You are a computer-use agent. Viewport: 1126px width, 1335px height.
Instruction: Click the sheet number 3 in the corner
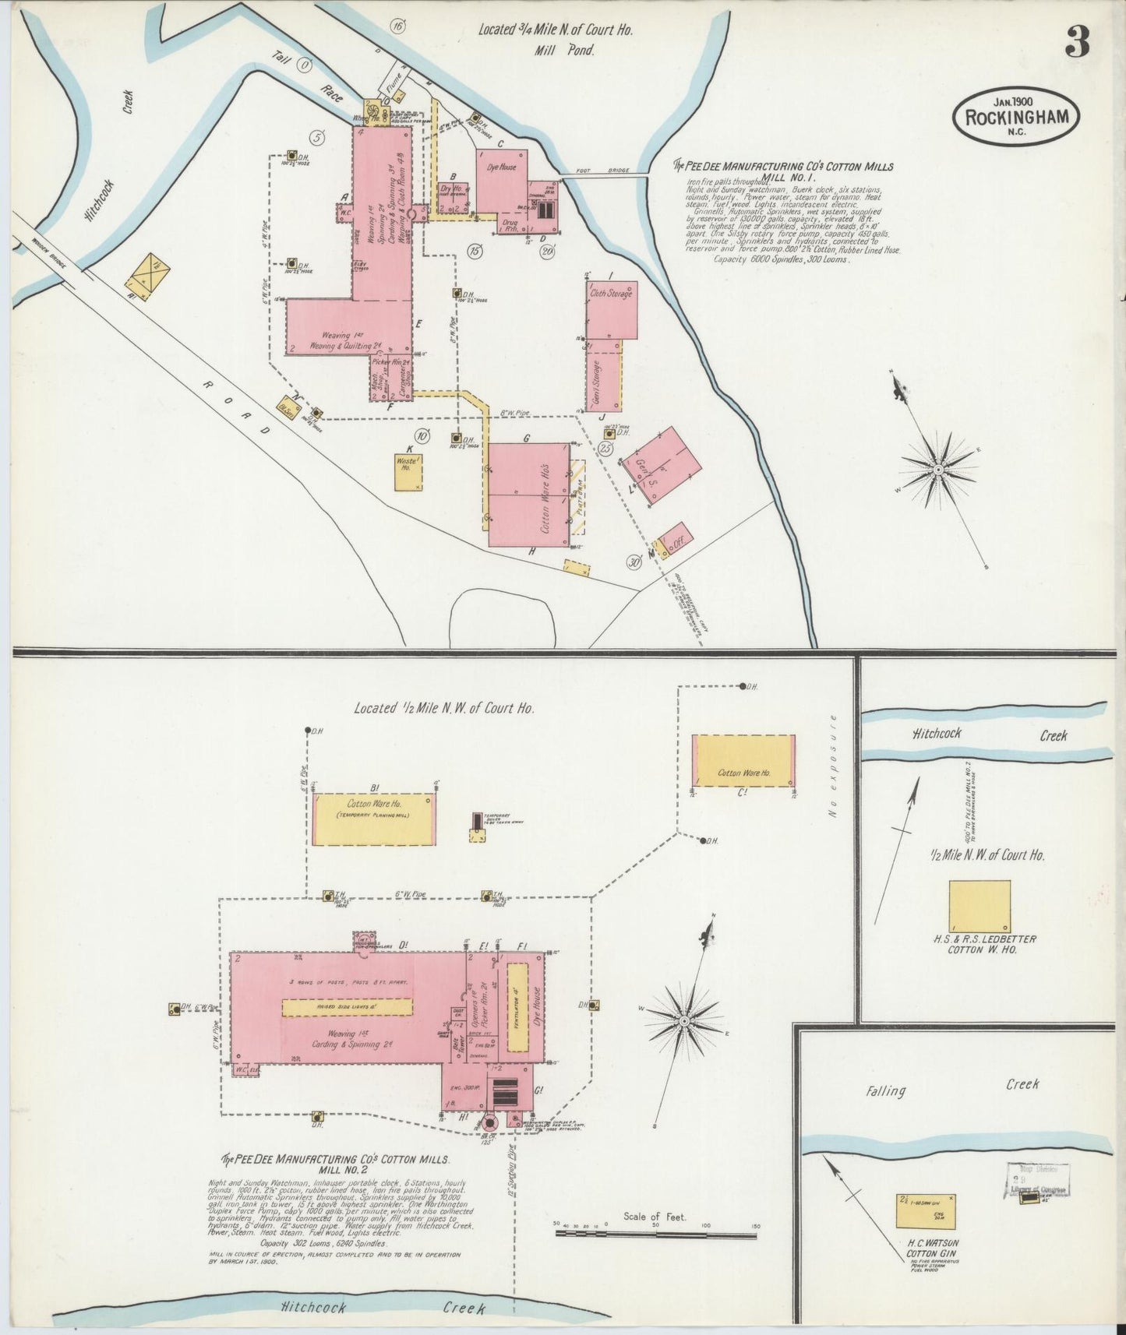(1077, 42)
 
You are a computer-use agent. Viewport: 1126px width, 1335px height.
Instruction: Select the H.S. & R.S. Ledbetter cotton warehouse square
(980, 906)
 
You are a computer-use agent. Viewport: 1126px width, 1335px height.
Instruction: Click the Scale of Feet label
(655, 1216)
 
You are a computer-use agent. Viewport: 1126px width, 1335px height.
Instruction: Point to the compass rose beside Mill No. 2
(683, 1020)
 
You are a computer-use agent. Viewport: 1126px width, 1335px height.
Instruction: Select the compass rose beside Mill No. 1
(938, 470)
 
